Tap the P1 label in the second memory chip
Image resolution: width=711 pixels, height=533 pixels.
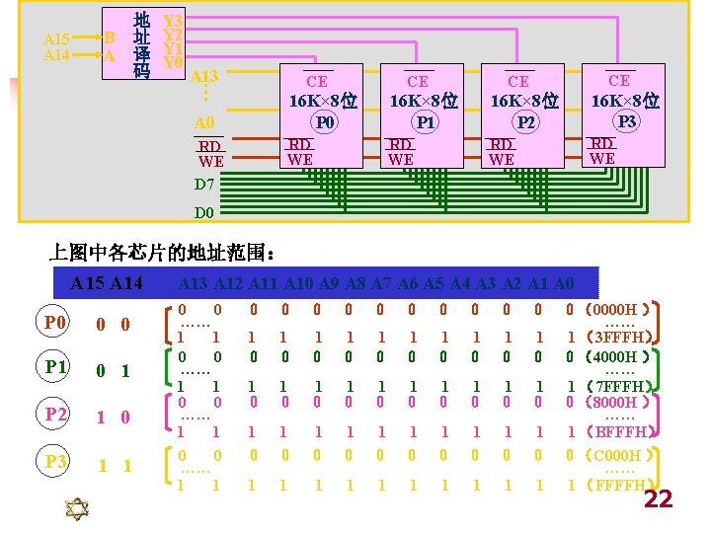click(425, 123)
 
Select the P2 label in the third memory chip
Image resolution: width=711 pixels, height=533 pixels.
click(526, 123)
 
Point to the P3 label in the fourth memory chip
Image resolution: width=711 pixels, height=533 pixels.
click(625, 121)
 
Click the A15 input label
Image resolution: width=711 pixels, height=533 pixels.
click(56, 38)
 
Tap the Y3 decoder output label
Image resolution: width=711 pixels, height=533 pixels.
click(173, 20)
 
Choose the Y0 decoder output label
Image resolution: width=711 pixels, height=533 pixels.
click(173, 62)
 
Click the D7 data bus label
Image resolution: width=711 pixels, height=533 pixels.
click(204, 185)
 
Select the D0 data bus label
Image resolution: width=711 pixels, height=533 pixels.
click(204, 213)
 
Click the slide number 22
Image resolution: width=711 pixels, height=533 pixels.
click(658, 499)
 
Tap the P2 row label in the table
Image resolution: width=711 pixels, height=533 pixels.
click(55, 416)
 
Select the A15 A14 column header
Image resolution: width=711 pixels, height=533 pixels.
click(107, 284)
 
